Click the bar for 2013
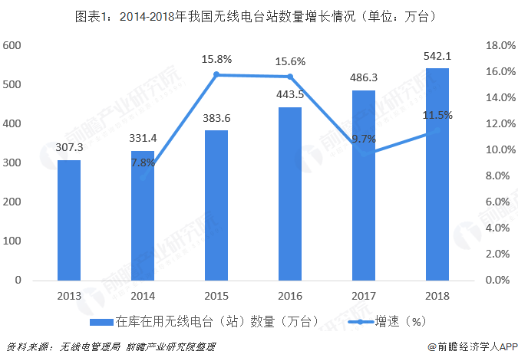tap(69, 220)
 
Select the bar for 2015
tap(216, 205)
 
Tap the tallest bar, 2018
tap(437, 174)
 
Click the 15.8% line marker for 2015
tap(216, 74)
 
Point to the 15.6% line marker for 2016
tap(290, 77)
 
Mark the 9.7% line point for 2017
tap(364, 153)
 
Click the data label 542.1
tap(437, 56)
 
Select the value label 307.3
tap(69, 148)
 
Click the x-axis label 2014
tap(143, 295)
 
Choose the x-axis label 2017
tap(364, 295)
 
